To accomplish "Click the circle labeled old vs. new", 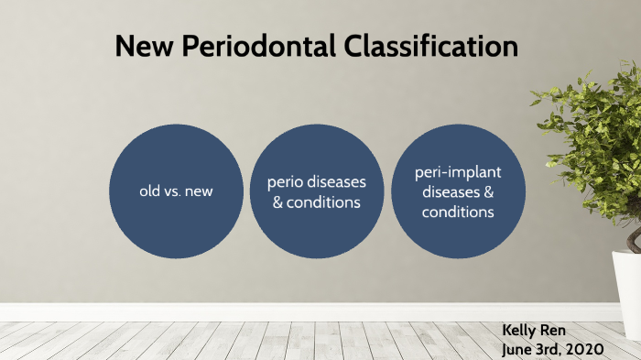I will (x=176, y=191).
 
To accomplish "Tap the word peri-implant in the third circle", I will (x=458, y=173).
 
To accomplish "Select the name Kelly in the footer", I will (x=521, y=329).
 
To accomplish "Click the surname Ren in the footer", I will (x=559, y=329).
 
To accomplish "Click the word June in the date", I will (x=519, y=348).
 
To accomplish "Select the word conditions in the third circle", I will (x=458, y=212).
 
